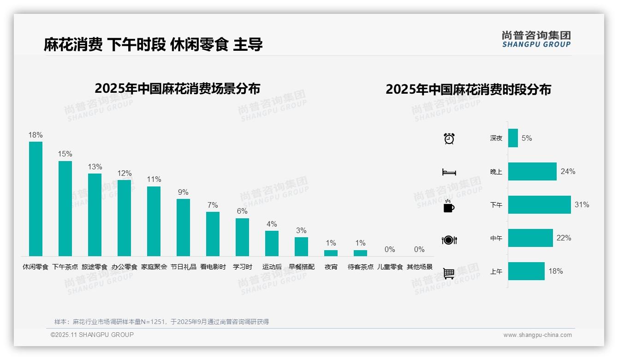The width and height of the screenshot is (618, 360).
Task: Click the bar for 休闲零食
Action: click(x=36, y=199)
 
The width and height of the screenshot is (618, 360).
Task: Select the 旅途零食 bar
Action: click(x=95, y=215)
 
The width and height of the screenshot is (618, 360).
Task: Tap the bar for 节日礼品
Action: click(x=183, y=228)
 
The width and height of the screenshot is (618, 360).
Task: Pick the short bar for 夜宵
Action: click(x=331, y=253)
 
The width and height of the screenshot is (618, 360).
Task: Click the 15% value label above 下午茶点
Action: click(x=65, y=154)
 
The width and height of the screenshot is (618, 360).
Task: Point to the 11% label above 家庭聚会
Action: click(x=154, y=180)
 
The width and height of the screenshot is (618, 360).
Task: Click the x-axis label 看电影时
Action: click(x=213, y=267)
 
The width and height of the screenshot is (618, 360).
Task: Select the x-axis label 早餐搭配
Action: click(x=301, y=267)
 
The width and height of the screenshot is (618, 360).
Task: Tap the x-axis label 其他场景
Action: click(x=419, y=267)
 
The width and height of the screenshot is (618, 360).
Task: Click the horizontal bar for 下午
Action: click(x=539, y=204)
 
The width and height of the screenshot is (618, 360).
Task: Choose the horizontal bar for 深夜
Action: click(x=513, y=138)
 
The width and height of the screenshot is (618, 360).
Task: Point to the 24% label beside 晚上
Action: click(x=568, y=171)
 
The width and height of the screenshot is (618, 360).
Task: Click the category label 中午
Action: click(x=496, y=238)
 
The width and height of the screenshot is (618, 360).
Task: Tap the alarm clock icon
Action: click(x=449, y=138)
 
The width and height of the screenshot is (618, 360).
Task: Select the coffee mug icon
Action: click(x=449, y=206)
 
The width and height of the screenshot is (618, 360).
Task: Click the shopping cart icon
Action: click(x=449, y=273)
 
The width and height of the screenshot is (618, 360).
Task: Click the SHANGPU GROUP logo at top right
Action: click(x=536, y=39)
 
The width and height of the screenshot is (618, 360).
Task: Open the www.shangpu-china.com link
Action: click(x=537, y=335)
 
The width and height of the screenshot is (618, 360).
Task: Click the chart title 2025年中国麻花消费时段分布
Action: click(x=468, y=90)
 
